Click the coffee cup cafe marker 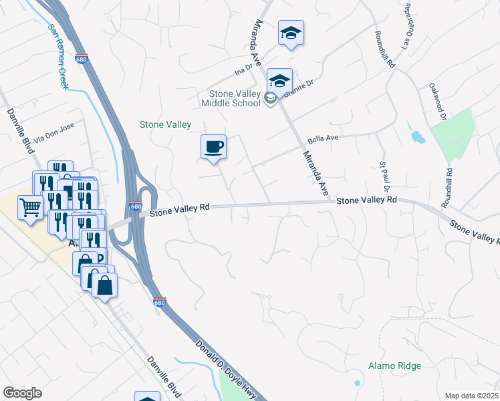pyautogui.click(x=213, y=146)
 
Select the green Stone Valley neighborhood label pyautogui.click(x=165, y=124)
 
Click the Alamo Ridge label pyautogui.click(x=394, y=366)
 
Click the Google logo pyautogui.click(x=22, y=393)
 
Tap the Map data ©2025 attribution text pyautogui.click(x=471, y=396)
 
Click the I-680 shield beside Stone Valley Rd pyautogui.click(x=135, y=207)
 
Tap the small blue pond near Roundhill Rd pyautogui.click(x=417, y=137)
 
